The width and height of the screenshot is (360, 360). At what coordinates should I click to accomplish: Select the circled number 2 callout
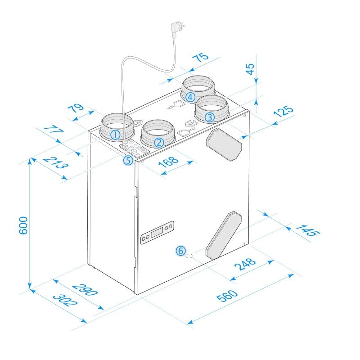click(x=158, y=143)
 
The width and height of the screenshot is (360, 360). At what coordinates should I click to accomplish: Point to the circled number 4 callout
click(x=190, y=97)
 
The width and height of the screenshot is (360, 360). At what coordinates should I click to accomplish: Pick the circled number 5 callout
click(x=128, y=160)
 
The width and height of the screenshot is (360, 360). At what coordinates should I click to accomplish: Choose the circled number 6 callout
click(x=180, y=251)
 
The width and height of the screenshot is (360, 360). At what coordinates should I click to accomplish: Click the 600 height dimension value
click(x=24, y=225)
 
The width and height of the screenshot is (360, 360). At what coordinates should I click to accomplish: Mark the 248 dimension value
click(x=245, y=264)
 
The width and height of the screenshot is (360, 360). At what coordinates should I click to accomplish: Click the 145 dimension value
click(x=308, y=230)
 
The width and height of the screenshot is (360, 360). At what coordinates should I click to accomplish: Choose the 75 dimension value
click(x=200, y=57)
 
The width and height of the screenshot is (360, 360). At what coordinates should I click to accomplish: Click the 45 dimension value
click(x=250, y=68)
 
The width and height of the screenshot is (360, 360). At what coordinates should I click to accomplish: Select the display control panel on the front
click(x=157, y=232)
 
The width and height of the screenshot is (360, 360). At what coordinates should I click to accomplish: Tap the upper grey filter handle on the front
click(x=224, y=145)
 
